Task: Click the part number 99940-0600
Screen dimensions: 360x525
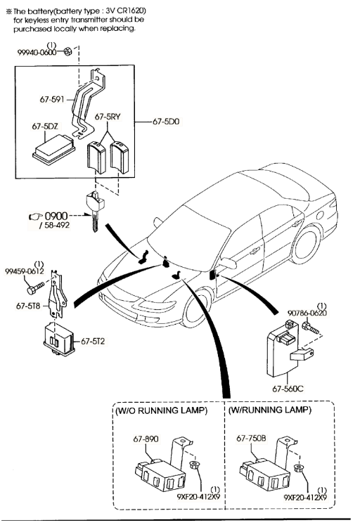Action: [x=37, y=53]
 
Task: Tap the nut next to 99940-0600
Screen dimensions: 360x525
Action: [x=67, y=51]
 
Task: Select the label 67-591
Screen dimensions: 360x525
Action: [x=52, y=99]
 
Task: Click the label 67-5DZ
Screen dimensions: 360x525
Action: [x=45, y=127]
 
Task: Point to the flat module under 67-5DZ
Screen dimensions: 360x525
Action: [x=53, y=150]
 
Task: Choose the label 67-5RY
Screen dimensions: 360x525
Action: [x=108, y=117]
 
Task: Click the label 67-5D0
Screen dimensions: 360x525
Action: [x=166, y=122]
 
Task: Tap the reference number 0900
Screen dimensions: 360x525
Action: [x=56, y=216]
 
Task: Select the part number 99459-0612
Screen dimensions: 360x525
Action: [x=25, y=271]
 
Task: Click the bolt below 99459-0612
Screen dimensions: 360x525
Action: [x=35, y=288]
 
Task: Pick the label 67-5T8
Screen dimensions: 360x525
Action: [x=28, y=306]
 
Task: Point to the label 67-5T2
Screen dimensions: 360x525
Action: [x=93, y=341]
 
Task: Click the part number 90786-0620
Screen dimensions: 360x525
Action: [x=307, y=313]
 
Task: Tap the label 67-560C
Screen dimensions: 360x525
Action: [x=288, y=389]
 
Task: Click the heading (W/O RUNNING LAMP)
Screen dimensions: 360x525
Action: [x=162, y=410]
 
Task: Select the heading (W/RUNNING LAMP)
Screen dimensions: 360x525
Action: [x=270, y=410]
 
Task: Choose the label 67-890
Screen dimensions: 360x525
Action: [x=146, y=439]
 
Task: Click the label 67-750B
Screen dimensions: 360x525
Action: [x=251, y=439]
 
